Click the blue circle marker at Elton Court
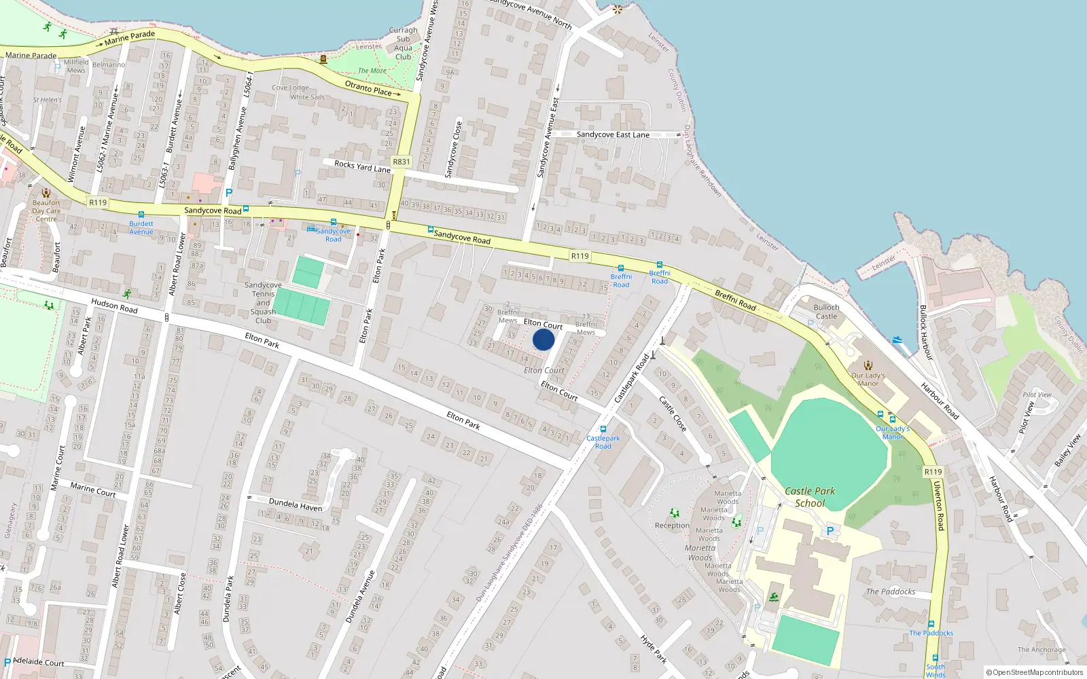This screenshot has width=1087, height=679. (543, 339)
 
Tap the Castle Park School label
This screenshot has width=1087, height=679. (810, 497)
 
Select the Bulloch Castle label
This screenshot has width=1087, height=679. (826, 312)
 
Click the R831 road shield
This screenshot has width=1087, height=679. (402, 162)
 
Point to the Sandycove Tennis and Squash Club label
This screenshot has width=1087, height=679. (263, 303)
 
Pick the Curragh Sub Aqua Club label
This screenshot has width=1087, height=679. (403, 43)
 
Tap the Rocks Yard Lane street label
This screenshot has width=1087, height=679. (362, 166)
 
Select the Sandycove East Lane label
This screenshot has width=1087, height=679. (613, 134)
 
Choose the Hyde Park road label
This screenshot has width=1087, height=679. (654, 648)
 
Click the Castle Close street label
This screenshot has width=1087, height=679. (673, 414)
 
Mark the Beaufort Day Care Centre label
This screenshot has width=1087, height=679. (46, 210)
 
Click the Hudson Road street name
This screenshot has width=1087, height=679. (114, 306)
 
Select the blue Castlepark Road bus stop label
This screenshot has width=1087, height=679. (603, 442)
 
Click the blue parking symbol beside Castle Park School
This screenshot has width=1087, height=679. (829, 531)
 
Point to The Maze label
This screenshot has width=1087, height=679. (372, 71)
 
